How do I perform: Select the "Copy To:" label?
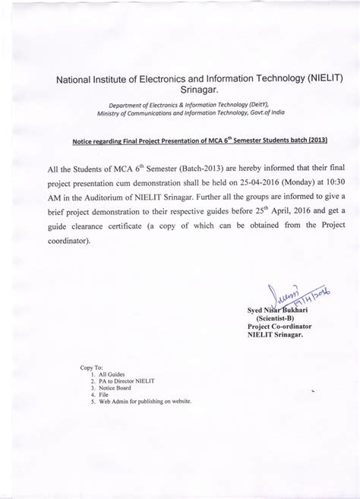coord(91,367)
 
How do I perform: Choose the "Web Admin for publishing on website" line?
coord(145,402)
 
